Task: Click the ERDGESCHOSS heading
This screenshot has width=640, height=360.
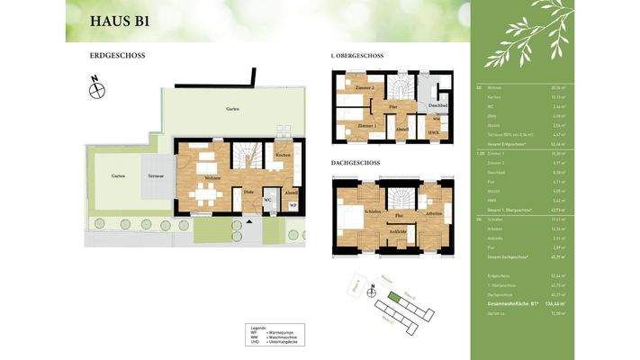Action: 117,56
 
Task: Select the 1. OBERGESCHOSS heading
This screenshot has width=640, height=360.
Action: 357,56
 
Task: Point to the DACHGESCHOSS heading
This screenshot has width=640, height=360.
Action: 356,163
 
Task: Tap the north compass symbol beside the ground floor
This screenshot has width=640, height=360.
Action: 97,88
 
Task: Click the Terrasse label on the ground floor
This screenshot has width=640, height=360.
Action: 147,175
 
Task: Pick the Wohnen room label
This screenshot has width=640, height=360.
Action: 213,177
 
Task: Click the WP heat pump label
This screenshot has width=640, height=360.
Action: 293,204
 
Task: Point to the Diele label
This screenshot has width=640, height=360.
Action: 248,193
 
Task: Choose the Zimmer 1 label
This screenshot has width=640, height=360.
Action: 355,125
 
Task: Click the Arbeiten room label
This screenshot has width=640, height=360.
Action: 435,214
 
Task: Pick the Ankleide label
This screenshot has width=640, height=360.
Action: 398,231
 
